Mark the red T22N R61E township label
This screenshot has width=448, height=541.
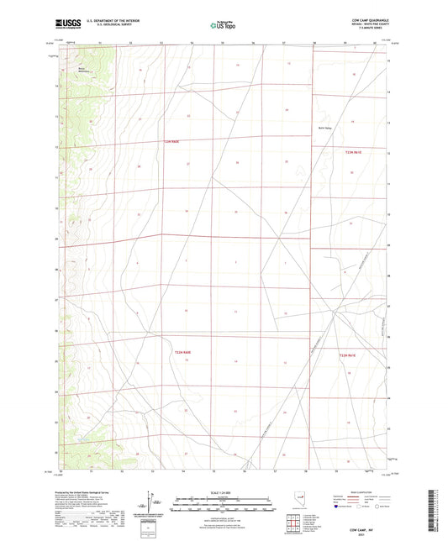(348, 355)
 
